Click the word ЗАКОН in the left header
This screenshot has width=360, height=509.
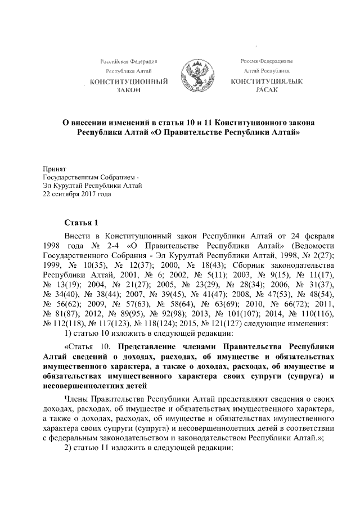coord(128,91)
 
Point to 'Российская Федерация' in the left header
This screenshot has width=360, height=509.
coord(128,61)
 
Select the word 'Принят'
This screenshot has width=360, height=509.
coord(55,168)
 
